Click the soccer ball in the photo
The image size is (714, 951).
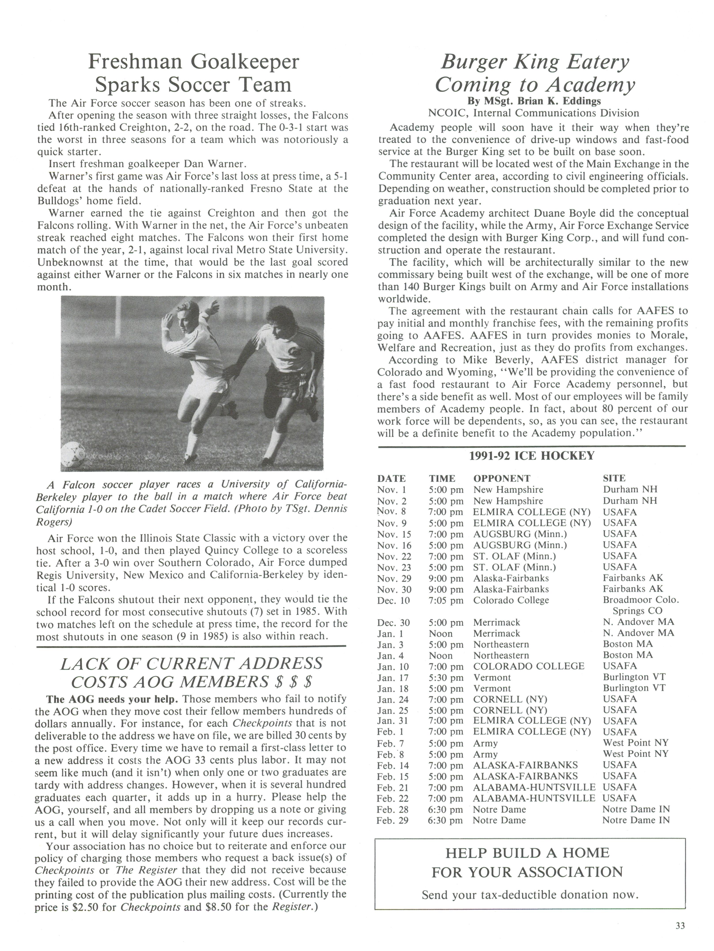[x=73, y=453]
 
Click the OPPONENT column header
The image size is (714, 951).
[x=502, y=478]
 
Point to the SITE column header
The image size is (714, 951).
[x=614, y=478]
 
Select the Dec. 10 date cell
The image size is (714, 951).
[x=393, y=600]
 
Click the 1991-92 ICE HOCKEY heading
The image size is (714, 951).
[x=532, y=456]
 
